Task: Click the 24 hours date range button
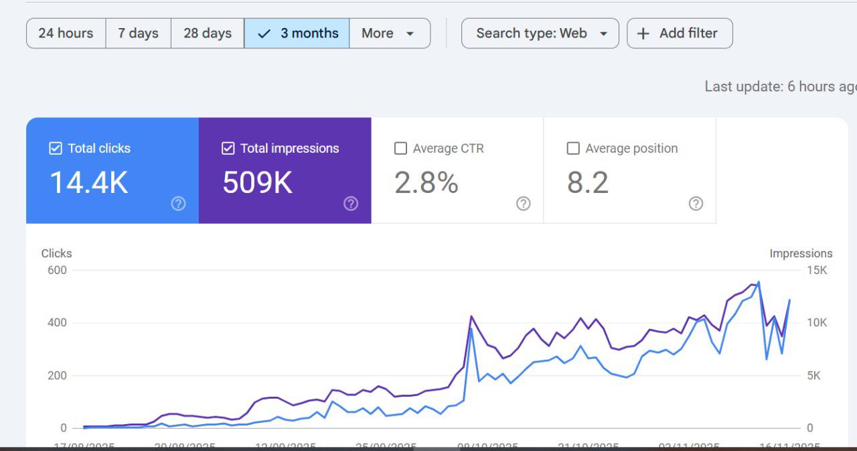[66, 34]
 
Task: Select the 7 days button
[138, 34]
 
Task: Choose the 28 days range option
[208, 34]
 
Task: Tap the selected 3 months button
[297, 34]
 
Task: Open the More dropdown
[389, 34]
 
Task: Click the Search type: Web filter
[540, 34]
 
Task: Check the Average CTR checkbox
[400, 149]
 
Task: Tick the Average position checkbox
[573, 149]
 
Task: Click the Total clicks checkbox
[56, 149]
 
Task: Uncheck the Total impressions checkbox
[228, 149]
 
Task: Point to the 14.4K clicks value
[89, 182]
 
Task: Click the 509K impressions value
[257, 182]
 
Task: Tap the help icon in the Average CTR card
[524, 204]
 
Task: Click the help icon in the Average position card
[696, 204]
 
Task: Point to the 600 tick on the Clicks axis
[57, 270]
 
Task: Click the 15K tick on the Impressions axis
[817, 270]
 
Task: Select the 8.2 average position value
[588, 182]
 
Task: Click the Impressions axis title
[801, 253]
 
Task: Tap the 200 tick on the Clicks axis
[57, 375]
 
